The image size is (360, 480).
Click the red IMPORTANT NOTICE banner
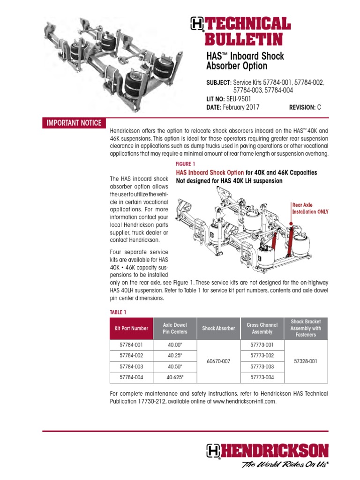click(x=74, y=123)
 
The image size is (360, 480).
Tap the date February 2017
click(x=243, y=107)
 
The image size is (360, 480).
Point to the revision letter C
click(x=319, y=107)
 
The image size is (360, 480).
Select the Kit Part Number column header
click(x=131, y=329)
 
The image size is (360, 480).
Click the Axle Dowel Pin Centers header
click(x=175, y=329)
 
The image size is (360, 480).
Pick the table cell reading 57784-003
click(x=131, y=366)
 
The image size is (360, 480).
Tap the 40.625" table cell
click(x=175, y=377)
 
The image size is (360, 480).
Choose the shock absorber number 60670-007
click(x=218, y=361)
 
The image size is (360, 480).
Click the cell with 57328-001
click(x=306, y=361)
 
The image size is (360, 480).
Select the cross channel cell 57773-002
click(x=262, y=356)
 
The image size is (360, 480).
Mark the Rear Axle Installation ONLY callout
click(x=310, y=208)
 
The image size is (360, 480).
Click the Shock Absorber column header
click(x=218, y=329)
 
